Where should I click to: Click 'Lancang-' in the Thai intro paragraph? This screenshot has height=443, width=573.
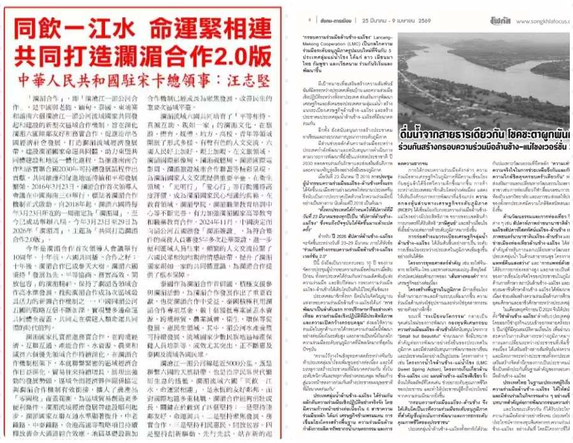click(x=388, y=38)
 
